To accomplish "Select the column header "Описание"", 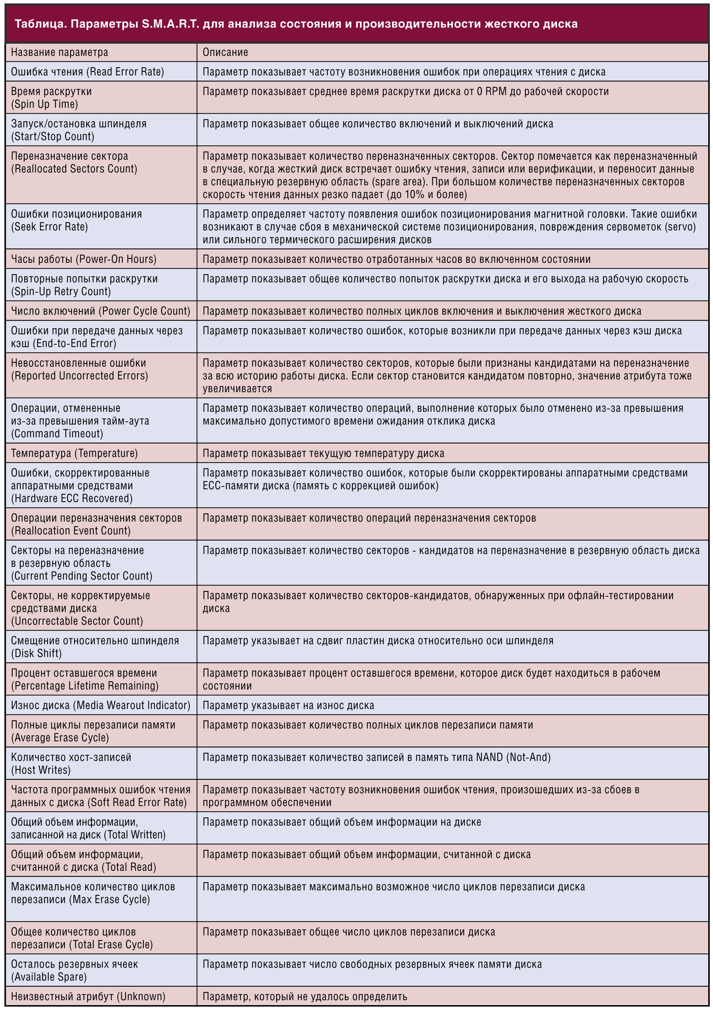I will [225, 52].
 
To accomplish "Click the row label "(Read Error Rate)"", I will [128, 72].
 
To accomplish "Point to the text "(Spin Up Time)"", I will [44, 104].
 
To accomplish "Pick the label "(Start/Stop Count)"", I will [53, 136].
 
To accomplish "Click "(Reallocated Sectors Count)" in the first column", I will [74, 169].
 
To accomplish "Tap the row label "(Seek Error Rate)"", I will [49, 227].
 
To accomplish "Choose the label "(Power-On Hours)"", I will [116, 259].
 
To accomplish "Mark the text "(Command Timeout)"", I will [57, 434].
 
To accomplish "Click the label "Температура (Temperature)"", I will [74, 453].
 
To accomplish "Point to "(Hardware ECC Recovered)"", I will [72, 498].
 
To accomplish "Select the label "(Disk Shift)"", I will [36, 653].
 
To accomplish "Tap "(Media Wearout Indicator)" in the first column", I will [133, 705].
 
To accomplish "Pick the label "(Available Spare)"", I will [48, 976].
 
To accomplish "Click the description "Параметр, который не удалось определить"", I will [305, 996].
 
